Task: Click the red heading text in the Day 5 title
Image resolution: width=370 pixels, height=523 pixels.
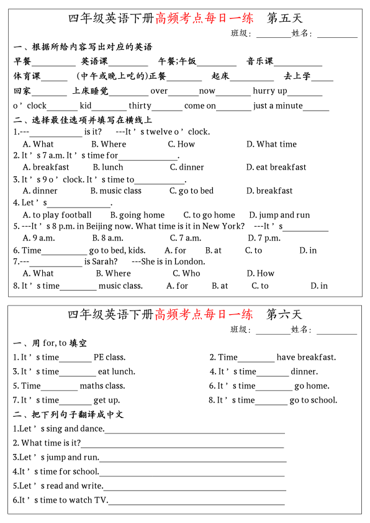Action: [204, 19]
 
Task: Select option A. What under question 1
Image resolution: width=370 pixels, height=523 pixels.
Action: [38, 144]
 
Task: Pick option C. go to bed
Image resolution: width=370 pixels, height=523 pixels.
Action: [191, 191]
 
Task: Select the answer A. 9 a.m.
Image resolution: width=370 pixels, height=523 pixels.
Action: [38, 238]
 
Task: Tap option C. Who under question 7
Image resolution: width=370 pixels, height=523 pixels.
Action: [186, 273]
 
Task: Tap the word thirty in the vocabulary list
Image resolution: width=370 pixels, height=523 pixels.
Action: [140, 106]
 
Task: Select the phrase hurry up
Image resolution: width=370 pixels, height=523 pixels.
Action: [269, 91]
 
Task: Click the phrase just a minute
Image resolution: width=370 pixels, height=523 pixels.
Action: [277, 106]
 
